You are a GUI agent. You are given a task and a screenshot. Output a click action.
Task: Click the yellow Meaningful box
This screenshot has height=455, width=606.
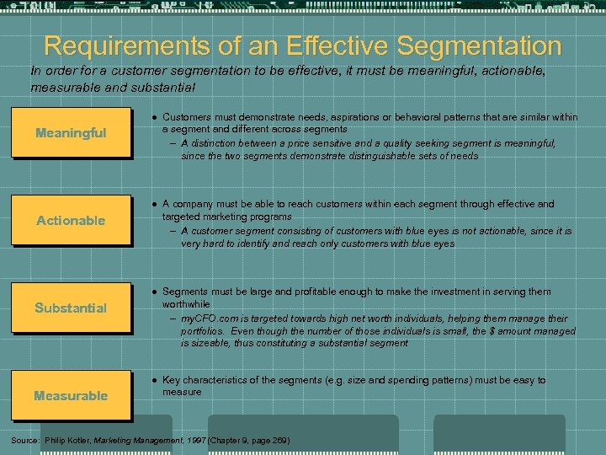[x=71, y=132]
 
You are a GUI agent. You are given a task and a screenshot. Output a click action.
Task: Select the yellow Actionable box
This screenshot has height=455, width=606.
[x=71, y=220]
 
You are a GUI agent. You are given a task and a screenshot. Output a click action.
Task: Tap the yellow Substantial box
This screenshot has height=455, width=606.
[x=71, y=308]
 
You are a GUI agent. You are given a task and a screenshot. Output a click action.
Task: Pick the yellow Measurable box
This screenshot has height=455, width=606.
[x=71, y=395]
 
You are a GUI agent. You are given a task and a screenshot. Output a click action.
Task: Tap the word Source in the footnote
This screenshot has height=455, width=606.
[x=24, y=440]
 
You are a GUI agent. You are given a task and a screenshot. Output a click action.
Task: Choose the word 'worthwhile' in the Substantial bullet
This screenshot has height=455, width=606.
[x=186, y=303]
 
